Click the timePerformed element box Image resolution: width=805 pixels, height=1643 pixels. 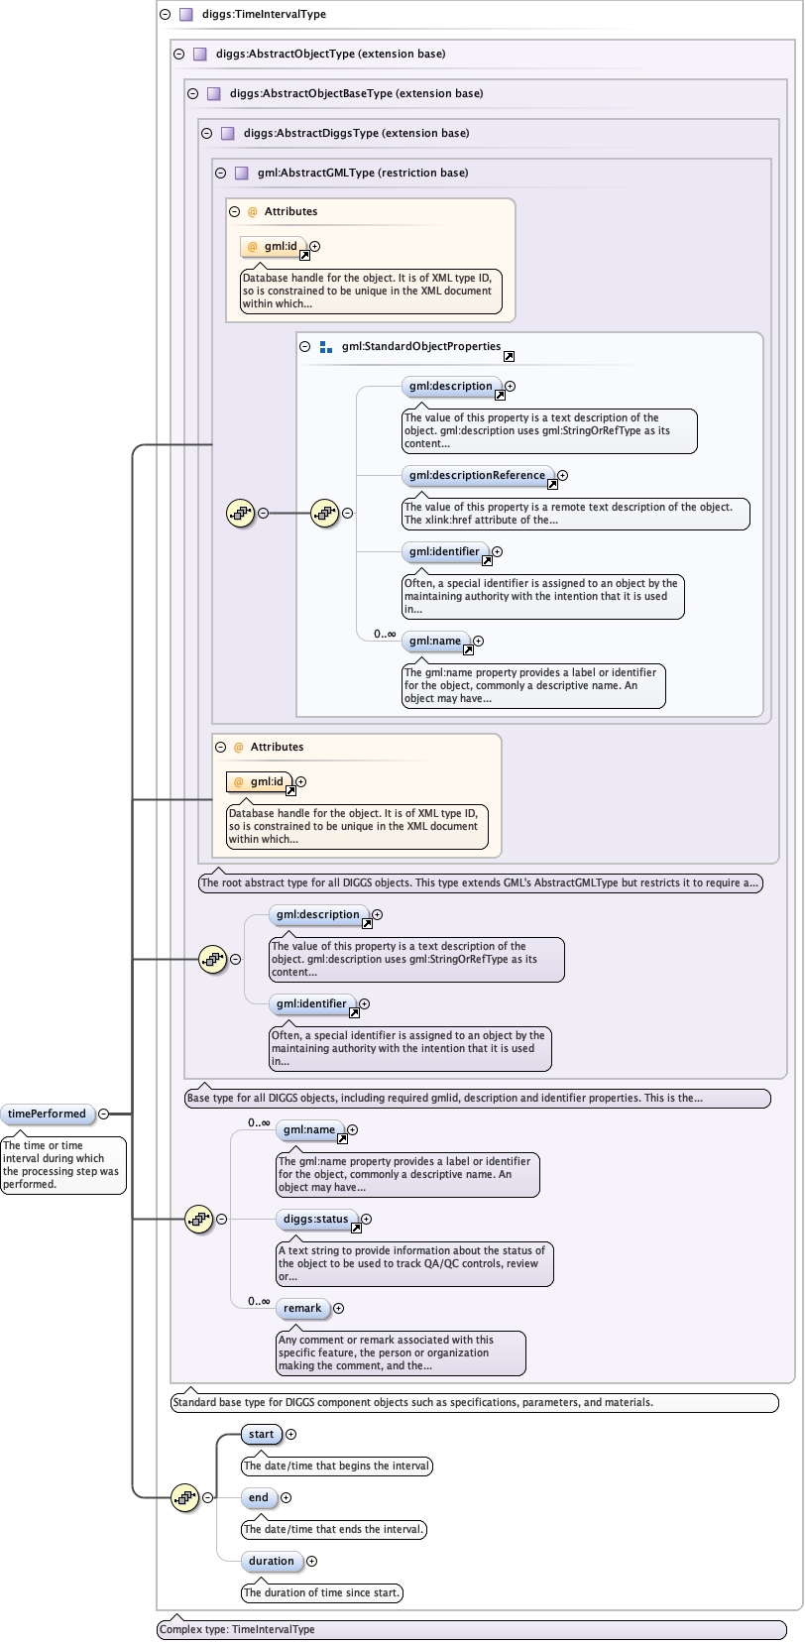[48, 1115]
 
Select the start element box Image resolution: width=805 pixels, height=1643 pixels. [262, 1435]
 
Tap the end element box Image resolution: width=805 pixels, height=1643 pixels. [259, 1498]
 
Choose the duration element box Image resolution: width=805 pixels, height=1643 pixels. [272, 1562]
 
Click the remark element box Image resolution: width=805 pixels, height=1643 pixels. [302, 1309]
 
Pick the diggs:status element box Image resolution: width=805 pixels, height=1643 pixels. [315, 1220]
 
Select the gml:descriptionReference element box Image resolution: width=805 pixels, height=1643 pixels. [477, 476]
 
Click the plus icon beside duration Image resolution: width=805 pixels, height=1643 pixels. [311, 1562]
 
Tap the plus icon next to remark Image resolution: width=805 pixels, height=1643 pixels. [338, 1309]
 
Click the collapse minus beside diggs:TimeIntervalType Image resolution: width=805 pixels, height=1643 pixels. [165, 15]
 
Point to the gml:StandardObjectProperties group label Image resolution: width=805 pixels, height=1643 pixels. [421, 347]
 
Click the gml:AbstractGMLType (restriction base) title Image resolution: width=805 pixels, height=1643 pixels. [363, 173]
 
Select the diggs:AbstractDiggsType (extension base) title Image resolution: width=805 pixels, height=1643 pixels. [357, 133]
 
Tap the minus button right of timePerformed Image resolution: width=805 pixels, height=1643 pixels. [103, 1115]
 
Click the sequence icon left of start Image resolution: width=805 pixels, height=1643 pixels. [184, 1498]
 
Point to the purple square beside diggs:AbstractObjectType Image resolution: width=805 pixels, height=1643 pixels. [199, 55]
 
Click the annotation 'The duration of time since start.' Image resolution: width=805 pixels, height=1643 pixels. [322, 1593]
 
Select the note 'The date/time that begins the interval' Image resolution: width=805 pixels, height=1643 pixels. [337, 1467]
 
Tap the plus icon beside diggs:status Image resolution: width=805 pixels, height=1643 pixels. [366, 1220]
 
